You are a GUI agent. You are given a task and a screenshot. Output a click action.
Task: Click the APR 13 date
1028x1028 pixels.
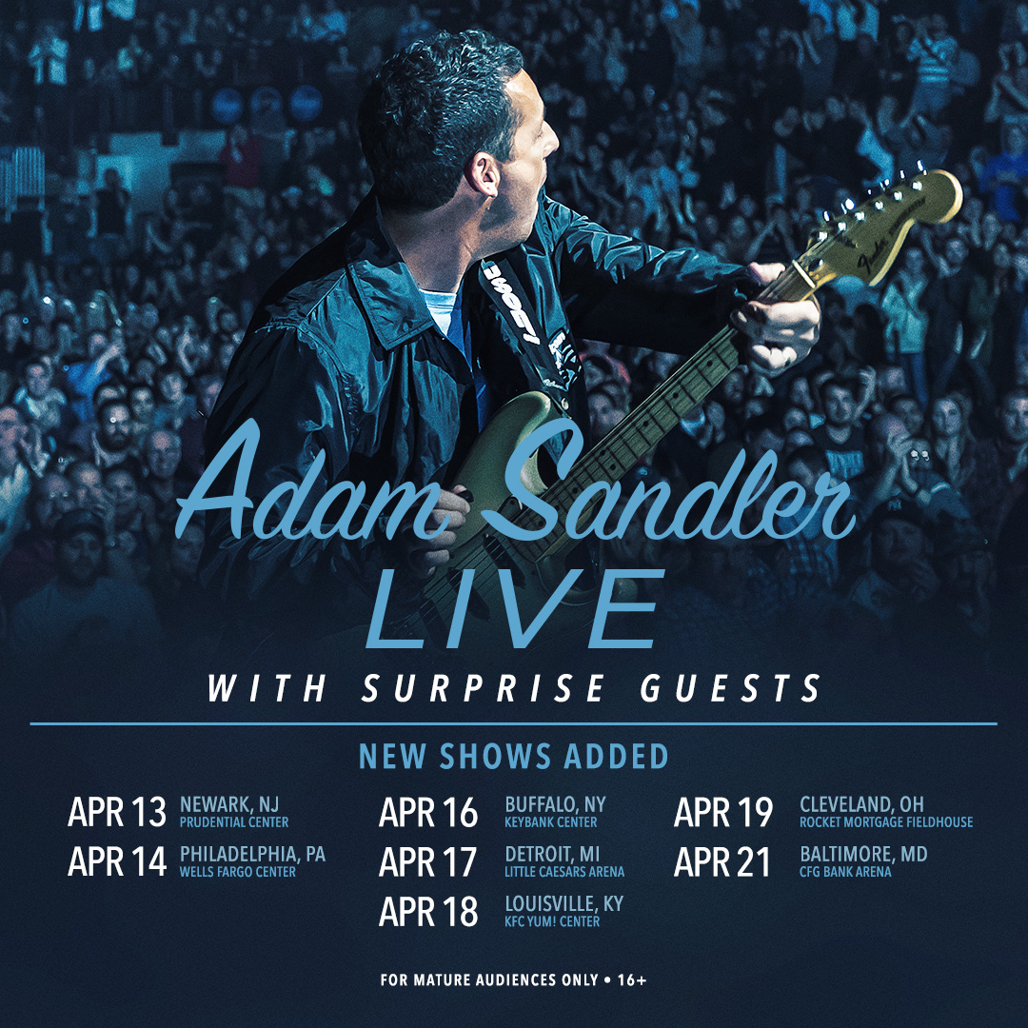point(117,812)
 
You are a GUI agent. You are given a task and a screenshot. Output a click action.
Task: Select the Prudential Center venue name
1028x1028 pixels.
point(233,822)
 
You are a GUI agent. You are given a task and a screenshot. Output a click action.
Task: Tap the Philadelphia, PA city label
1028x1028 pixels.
point(252,854)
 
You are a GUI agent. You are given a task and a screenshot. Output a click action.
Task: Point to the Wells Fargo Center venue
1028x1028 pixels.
point(237,872)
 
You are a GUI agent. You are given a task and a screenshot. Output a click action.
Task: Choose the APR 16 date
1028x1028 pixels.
point(428,813)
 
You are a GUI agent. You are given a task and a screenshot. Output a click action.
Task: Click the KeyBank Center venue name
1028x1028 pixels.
point(551,822)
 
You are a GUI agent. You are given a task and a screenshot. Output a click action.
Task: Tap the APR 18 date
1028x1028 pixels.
point(428,912)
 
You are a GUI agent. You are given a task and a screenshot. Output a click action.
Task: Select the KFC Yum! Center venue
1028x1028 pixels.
point(552,921)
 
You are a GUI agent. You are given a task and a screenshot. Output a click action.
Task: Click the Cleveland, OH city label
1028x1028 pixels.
point(861,804)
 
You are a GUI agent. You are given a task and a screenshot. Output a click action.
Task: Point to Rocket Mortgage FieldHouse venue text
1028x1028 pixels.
point(886,822)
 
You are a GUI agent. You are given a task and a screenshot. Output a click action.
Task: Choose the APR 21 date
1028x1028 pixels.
point(722,862)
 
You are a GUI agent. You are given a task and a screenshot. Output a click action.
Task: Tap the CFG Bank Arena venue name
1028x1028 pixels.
point(845,872)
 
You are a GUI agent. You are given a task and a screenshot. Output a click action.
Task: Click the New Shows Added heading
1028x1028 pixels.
point(513,757)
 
